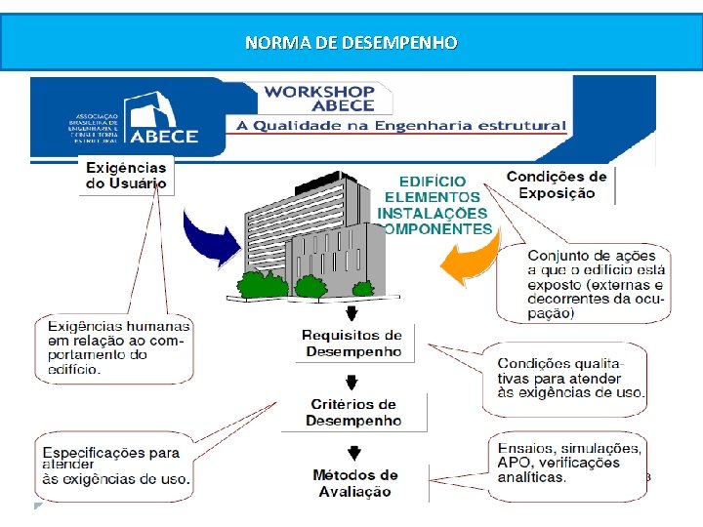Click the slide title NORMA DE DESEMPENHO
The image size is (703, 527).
click(x=351, y=43)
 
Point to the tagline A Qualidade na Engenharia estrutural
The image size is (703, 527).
click(x=398, y=126)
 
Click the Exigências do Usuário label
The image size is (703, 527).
click(x=126, y=176)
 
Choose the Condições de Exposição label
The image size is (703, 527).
click(x=557, y=184)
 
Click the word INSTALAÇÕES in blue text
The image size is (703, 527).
click(x=433, y=213)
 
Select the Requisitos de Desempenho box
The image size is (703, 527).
click(x=351, y=344)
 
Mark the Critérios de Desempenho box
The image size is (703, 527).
click(x=353, y=412)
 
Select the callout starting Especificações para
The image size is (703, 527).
click(x=116, y=466)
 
